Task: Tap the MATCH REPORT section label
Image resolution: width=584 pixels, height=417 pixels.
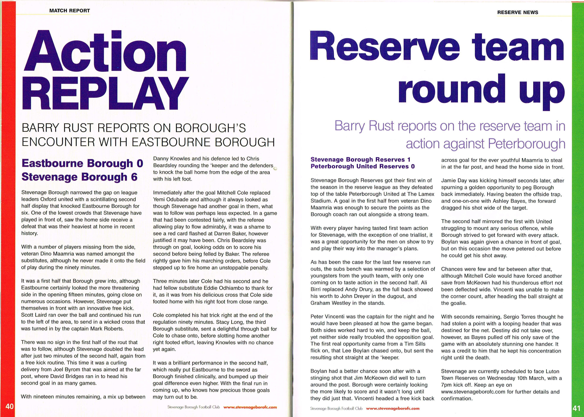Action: coord(69,11)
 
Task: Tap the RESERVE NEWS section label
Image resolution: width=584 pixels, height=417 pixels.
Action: coord(518,12)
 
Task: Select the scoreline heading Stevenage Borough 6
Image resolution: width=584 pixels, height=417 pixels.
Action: coord(80,177)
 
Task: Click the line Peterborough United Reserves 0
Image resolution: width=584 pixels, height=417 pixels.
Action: coord(363,166)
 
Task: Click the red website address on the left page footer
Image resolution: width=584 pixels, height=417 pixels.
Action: coord(250,407)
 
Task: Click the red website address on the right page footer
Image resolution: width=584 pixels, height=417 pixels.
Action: coord(393,408)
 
